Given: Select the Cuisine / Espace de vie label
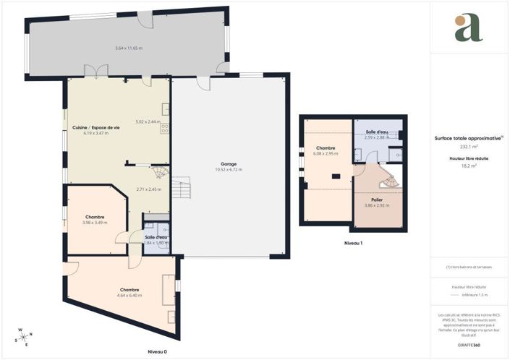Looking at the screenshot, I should tap(95, 127).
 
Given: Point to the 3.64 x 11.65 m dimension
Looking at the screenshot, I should tap(129, 48).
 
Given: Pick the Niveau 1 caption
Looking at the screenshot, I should tap(352, 243).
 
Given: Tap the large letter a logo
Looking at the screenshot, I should tap(468, 27).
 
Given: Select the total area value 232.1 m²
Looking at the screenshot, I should tap(469, 147).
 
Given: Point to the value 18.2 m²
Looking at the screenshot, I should tap(469, 166).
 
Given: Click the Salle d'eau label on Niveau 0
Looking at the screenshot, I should tap(156, 237).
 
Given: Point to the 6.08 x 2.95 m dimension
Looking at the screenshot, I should tap(326, 153).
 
